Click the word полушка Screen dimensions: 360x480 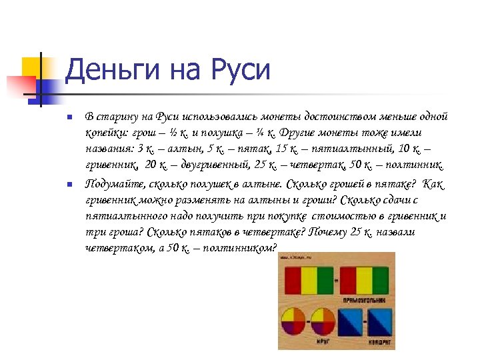coord(215,133)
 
